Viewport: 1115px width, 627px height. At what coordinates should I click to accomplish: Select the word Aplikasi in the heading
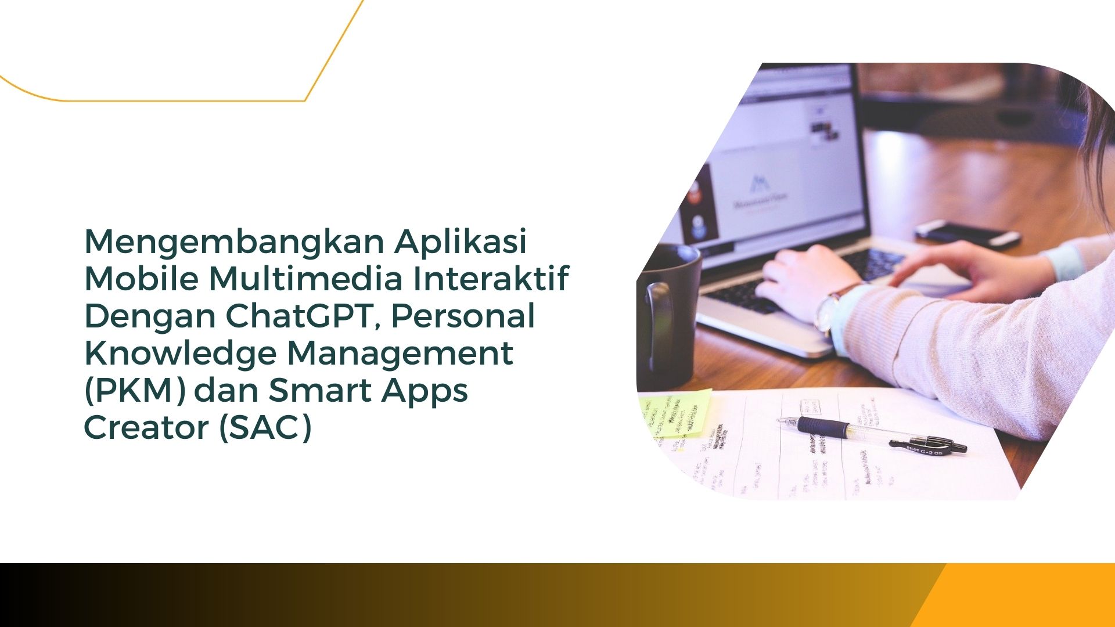click(461, 241)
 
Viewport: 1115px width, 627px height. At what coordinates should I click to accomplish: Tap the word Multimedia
click(305, 278)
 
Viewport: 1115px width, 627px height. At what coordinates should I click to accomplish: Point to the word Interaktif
click(491, 278)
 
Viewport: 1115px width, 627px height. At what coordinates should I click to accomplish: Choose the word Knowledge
click(181, 353)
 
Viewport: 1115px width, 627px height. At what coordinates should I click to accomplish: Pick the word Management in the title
click(400, 353)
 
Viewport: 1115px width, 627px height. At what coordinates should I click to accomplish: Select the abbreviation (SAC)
click(265, 428)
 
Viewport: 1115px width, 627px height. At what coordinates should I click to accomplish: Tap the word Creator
click(146, 428)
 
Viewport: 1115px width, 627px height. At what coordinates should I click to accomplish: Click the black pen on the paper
click(871, 434)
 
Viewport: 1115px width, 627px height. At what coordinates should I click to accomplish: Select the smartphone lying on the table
click(967, 233)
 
